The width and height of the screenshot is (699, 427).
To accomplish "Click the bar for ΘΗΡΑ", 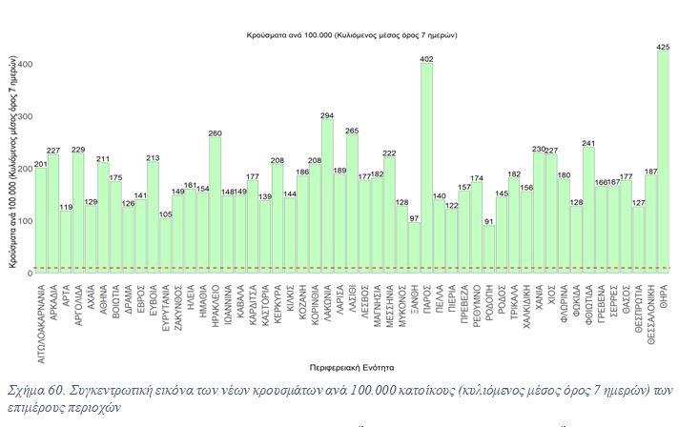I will pyautogui.click(x=663, y=162).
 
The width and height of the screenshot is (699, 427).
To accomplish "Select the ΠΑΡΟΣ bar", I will pyautogui.click(x=426, y=168).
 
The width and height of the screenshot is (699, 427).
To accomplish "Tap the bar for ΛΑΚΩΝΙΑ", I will pyautogui.click(x=327, y=196).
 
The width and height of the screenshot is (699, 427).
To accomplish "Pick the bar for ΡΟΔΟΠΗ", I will pyautogui.click(x=489, y=249).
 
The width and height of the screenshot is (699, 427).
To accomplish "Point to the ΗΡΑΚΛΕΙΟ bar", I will pyautogui.click(x=216, y=205).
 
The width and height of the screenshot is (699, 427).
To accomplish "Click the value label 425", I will pyautogui.click(x=663, y=46).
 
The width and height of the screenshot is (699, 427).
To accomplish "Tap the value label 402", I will pyautogui.click(x=426, y=59).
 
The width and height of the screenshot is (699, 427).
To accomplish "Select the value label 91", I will pyautogui.click(x=489, y=222).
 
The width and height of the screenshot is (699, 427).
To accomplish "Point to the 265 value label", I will pyautogui.click(x=352, y=131).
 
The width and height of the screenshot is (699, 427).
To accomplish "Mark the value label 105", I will pyautogui.click(x=166, y=214).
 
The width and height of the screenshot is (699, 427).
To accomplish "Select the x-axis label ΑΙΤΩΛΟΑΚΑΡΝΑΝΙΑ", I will pyautogui.click(x=42, y=321).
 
